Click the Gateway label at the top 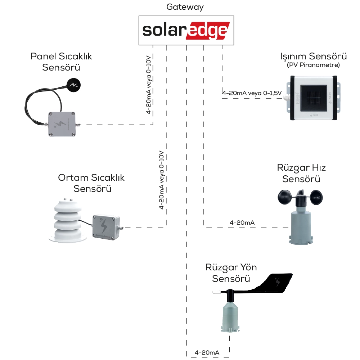pyautogui.click(x=185, y=7)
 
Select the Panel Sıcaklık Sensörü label pyautogui.click(x=61, y=62)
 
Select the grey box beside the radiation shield pyautogui.click(x=105, y=228)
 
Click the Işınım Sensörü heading pyautogui.click(x=313, y=57)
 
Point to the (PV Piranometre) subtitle pyautogui.click(x=313, y=65)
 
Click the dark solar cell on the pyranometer pyautogui.click(x=312, y=98)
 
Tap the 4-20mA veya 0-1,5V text pyautogui.click(x=252, y=93)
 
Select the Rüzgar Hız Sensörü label pyautogui.click(x=301, y=173)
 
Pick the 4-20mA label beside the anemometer pyautogui.click(x=242, y=223)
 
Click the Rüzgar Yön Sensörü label pyautogui.click(x=231, y=273)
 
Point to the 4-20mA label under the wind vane pyautogui.click(x=207, y=352)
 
